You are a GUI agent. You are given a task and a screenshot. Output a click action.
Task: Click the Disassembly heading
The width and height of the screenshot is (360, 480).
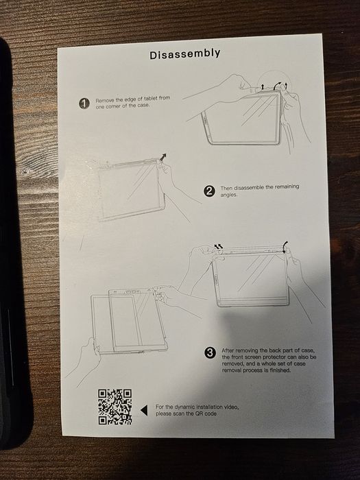(185, 53)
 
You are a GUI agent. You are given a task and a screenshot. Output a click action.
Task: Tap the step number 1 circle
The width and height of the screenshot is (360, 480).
(84, 103)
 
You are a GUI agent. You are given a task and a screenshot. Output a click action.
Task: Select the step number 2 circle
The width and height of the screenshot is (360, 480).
(209, 191)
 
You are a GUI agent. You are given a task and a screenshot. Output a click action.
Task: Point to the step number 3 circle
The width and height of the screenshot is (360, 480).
(210, 353)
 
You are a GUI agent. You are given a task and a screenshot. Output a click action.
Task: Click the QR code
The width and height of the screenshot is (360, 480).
(115, 407)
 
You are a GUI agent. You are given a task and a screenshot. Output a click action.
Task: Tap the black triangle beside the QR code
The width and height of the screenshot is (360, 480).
(144, 410)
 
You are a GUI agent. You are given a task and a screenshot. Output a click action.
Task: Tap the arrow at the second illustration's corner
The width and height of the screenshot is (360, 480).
(163, 158)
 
